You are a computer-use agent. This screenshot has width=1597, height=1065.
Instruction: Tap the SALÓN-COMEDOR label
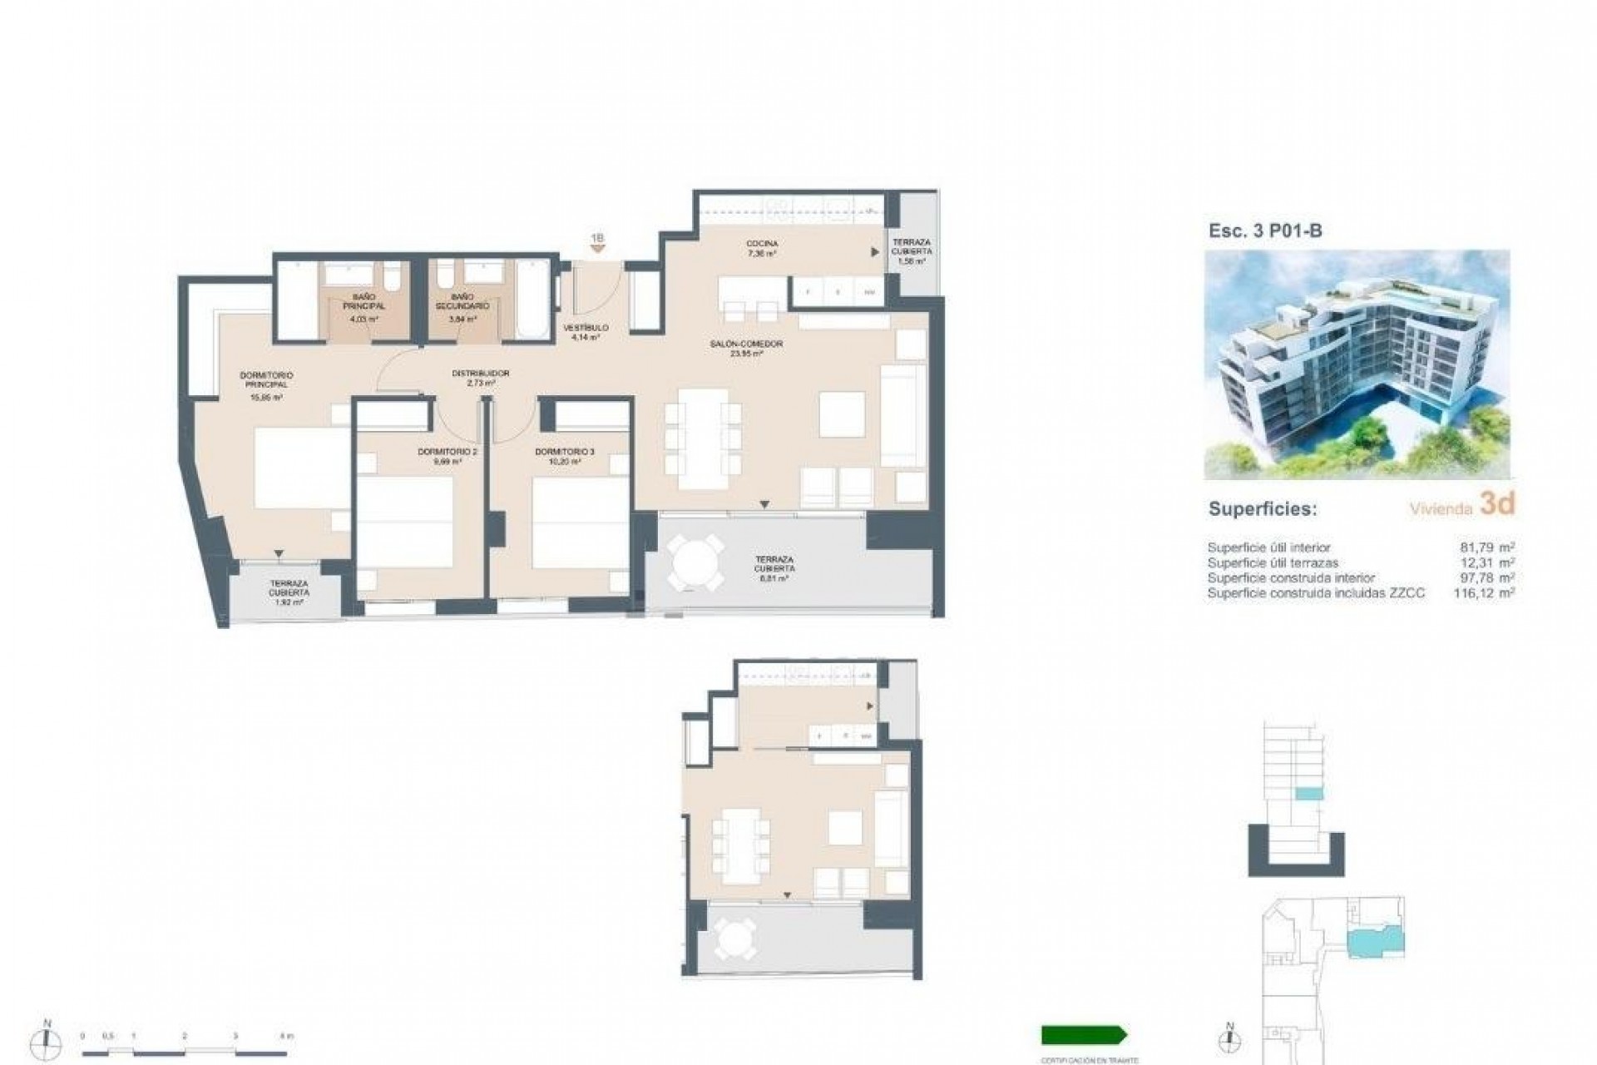pos(746,348)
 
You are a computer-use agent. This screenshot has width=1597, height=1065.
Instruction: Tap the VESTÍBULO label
pos(586,332)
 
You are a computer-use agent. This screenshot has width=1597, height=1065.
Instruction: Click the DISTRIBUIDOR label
pos(480,378)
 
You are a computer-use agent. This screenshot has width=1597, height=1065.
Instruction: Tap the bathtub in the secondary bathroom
pos(531,300)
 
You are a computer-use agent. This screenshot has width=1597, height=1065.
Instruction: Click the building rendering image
pos(1357,364)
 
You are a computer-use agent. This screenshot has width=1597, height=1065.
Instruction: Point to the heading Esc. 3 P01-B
pos(1264,231)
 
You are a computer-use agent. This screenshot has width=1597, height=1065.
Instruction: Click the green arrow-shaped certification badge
pos(1083,1035)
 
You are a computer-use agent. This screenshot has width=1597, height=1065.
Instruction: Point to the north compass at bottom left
pos(47,1040)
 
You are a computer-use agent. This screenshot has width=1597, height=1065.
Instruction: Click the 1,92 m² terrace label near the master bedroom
pos(289,592)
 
